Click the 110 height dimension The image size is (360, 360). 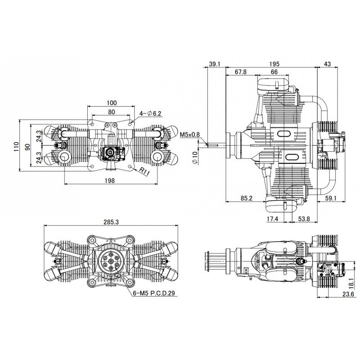17,146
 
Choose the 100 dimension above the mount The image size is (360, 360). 112,103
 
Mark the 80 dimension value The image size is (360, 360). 112,112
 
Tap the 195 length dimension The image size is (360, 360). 273,64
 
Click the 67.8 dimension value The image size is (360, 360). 241,72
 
